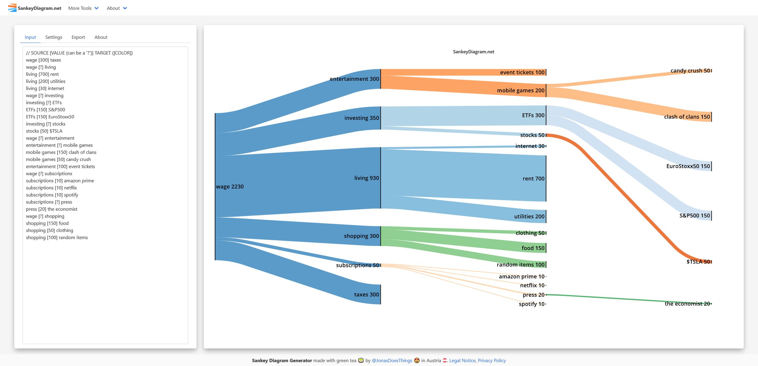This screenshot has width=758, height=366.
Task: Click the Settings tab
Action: (54, 37)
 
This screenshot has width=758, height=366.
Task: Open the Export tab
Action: (78, 37)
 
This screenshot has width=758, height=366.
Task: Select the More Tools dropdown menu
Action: (83, 8)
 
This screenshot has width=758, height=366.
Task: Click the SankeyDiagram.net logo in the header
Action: (35, 8)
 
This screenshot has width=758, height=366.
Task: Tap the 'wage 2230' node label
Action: (230, 186)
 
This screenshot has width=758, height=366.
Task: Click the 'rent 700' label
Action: (533, 179)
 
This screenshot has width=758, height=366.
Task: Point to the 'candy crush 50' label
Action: (690, 71)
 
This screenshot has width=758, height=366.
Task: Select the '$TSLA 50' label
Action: (698, 262)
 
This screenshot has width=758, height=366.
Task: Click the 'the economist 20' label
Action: (687, 304)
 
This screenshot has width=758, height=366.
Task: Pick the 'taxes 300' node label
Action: (366, 294)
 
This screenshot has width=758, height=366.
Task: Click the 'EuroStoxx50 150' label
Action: (688, 166)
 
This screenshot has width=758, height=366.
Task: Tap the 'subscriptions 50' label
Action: (357, 265)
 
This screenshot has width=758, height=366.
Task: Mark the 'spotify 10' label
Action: (532, 304)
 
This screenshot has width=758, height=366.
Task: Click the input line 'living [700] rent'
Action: (42, 74)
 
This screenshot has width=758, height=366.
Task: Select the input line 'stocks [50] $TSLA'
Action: (44, 131)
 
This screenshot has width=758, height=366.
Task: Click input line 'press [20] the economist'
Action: (51, 209)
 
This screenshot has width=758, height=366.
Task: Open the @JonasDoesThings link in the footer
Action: (392, 360)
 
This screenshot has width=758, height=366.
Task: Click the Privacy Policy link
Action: (491, 360)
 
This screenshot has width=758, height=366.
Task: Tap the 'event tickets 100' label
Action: (522, 73)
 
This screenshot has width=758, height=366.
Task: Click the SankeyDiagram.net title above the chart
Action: (473, 52)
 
